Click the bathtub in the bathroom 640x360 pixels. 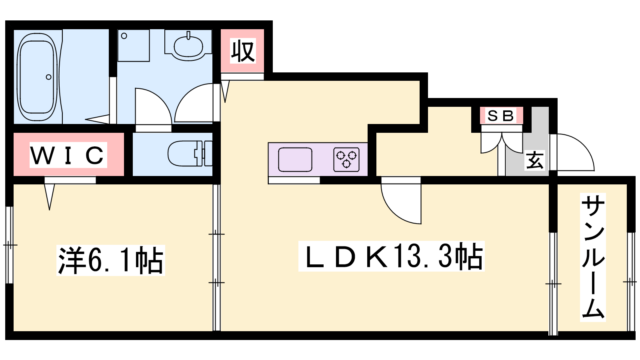click(37, 77)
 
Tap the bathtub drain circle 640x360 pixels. click(48, 77)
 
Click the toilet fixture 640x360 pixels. click(190, 154)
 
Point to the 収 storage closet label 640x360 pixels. click(243, 52)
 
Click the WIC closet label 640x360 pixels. click(68, 155)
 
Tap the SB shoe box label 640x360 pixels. click(500, 116)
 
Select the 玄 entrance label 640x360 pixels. click(534, 160)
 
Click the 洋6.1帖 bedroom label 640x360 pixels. click(110, 260)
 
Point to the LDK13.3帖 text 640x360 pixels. click(392, 256)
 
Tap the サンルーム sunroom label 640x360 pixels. click(593, 257)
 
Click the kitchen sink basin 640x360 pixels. click(295, 160)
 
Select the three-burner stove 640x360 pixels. click(346, 160)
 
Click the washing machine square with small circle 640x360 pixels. click(134, 46)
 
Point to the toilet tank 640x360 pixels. click(208, 154)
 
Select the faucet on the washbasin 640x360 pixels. click(188, 36)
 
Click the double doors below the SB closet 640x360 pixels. click(502, 142)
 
